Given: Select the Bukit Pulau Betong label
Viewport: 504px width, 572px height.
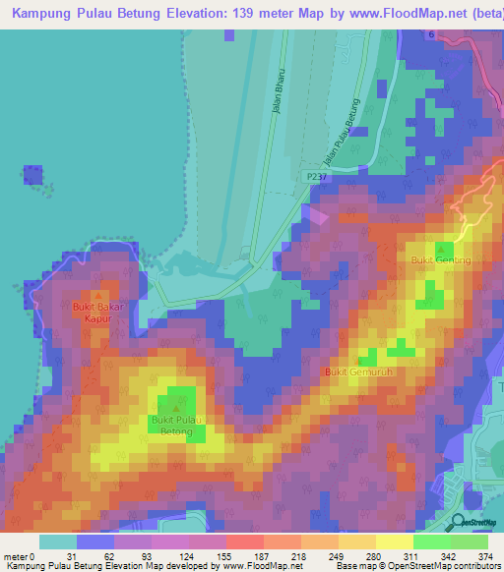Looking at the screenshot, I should point(176,426).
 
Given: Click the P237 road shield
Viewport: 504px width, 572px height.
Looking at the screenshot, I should point(315,175).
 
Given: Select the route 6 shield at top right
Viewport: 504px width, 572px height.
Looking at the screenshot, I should point(430,34).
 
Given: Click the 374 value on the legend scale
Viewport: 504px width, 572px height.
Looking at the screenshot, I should point(485,556).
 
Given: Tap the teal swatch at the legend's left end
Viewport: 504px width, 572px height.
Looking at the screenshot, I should point(57,542).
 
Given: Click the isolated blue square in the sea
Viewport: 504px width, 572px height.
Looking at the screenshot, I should point(32,175).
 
